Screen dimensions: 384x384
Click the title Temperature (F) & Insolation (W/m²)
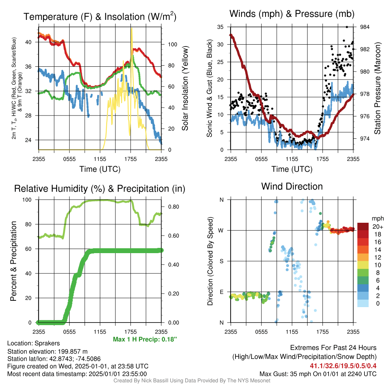pyautogui.click(x=100, y=16)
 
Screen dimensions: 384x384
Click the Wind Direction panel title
pyautogui.click(x=292, y=186)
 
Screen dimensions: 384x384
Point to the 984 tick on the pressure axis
pyautogui.click(x=364, y=27)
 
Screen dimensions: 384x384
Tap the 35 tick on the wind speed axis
pyautogui.click(x=220, y=27)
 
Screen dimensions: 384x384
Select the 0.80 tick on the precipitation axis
pyautogui.click(x=174, y=207)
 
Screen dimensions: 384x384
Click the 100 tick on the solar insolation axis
pyautogui.click(x=172, y=44)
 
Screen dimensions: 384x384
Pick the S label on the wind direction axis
pyautogui.click(x=221, y=261)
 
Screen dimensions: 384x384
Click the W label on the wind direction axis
pyautogui.click(x=221, y=231)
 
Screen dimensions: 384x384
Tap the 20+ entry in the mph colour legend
pyautogui.click(x=378, y=226)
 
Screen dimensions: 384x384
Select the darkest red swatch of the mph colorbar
pyautogui.click(x=363, y=226)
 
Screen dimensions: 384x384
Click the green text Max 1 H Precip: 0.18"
pyautogui.click(x=145, y=339)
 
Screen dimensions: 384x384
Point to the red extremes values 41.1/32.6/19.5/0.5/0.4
pyautogui.click(x=343, y=366)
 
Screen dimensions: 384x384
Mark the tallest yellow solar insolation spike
pyautogui.click(x=132, y=28)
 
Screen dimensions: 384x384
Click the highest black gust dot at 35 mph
pyautogui.click(x=347, y=27)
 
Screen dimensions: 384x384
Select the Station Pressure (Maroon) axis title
pyautogui.click(x=377, y=88)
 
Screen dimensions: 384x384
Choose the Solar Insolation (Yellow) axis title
pyautogui.click(x=185, y=88)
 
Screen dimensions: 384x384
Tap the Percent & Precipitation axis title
pyautogui.click(x=13, y=261)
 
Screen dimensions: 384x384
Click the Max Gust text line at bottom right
pyautogui.click(x=318, y=374)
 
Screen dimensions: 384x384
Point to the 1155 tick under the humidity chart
pyautogui.click(x=100, y=332)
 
